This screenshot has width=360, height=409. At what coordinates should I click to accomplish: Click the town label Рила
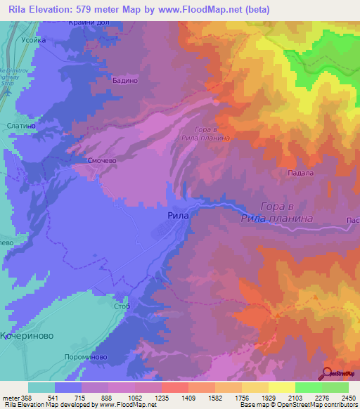click(178, 216)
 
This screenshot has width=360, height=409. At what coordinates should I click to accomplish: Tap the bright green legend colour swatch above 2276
click(309, 387)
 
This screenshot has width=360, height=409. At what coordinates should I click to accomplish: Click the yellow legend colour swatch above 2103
click(282, 387)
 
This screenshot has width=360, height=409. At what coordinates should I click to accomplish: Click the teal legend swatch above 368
click(41, 387)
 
